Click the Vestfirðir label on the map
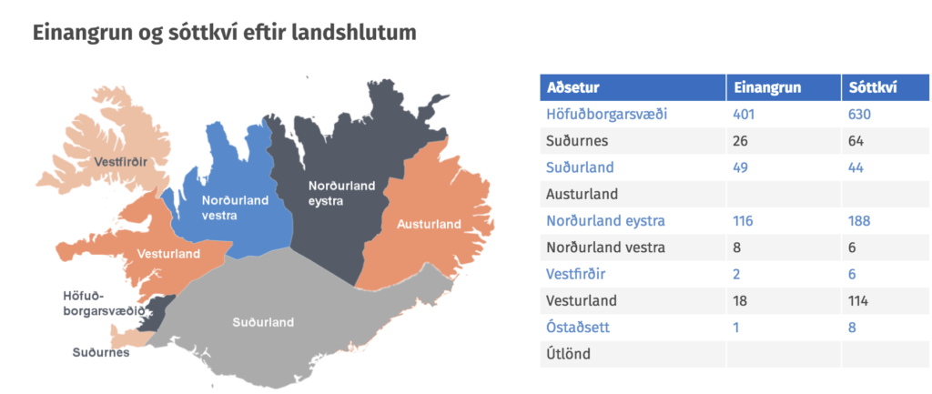click(x=121, y=162)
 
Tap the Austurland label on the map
click(x=430, y=224)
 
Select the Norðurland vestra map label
click(x=235, y=207)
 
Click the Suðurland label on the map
click(x=263, y=323)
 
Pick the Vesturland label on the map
click(x=168, y=254)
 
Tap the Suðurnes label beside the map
click(x=101, y=352)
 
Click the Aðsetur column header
click(x=573, y=88)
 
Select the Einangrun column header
click(x=767, y=88)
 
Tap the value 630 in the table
click(x=859, y=114)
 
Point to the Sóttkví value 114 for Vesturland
click(x=859, y=300)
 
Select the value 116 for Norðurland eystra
click(x=743, y=221)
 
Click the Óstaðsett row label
click(x=578, y=328)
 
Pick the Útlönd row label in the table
click(x=569, y=354)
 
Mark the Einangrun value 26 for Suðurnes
click(x=741, y=141)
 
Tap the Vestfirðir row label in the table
click(x=576, y=275)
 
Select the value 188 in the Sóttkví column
click(x=859, y=221)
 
